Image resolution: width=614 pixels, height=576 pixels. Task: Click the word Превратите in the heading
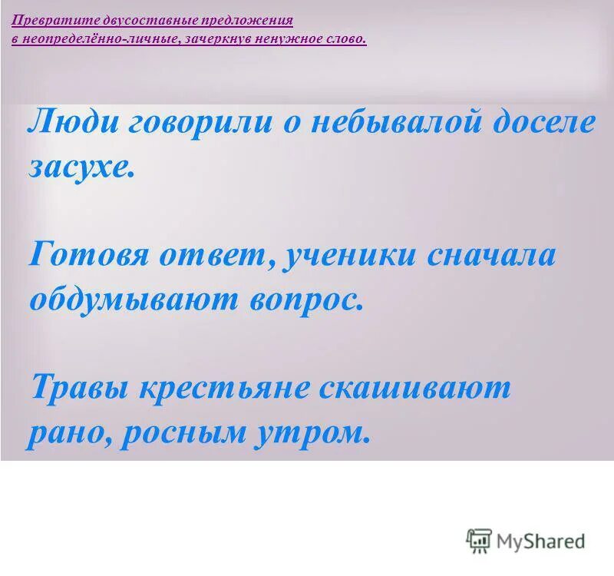tap(54, 21)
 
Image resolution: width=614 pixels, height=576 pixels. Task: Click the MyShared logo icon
tap(479, 541)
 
